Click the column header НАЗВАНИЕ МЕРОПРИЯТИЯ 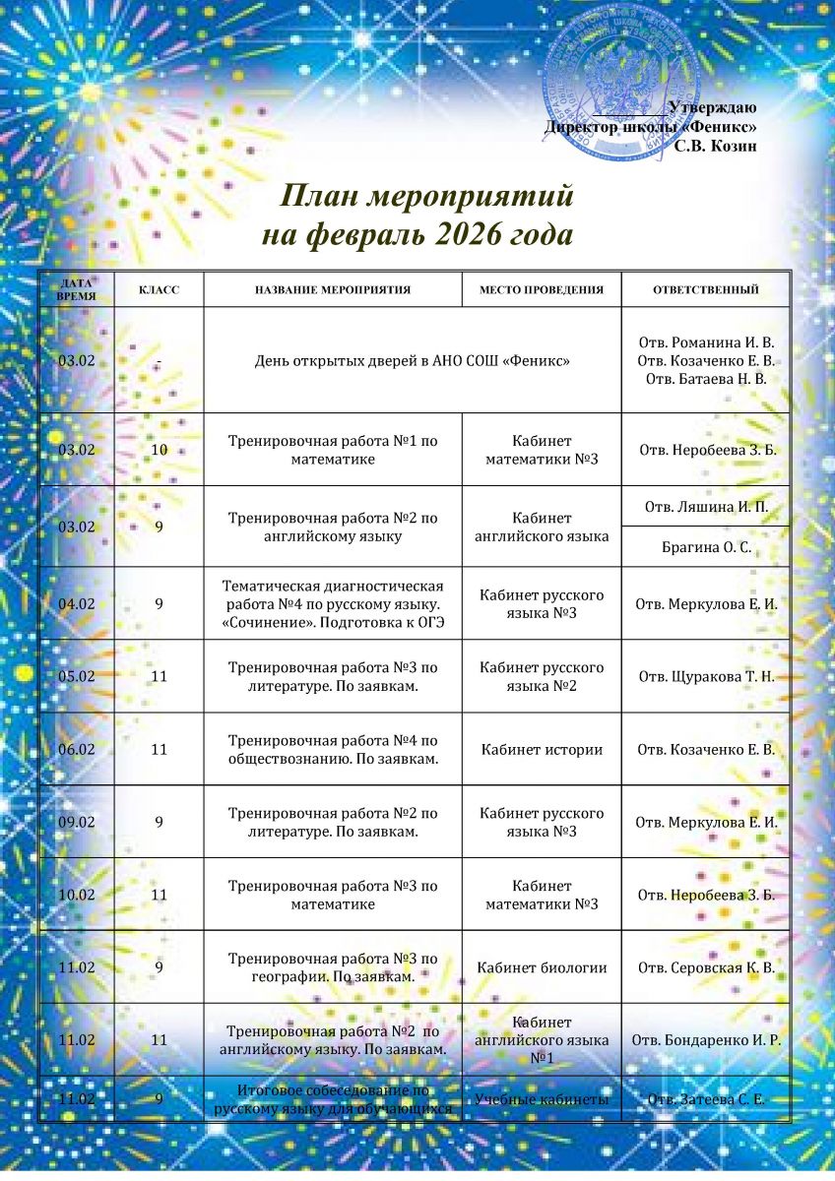[x=333, y=290]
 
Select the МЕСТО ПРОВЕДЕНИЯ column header [x=541, y=290]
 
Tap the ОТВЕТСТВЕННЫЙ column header [x=705, y=290]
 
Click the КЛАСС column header [x=159, y=290]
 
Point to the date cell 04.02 [x=77, y=602]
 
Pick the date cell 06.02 [x=77, y=749]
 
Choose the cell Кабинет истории [x=541, y=750]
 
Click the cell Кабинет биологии [x=541, y=967]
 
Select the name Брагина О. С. [x=705, y=547]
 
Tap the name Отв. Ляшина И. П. [x=705, y=507]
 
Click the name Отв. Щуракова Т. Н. [x=705, y=676]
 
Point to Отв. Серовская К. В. [x=705, y=967]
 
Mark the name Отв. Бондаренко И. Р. [x=705, y=1040]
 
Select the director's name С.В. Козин [x=715, y=146]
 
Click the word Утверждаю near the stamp [x=711, y=107]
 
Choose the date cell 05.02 [x=77, y=676]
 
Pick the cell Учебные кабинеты [x=541, y=1098]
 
